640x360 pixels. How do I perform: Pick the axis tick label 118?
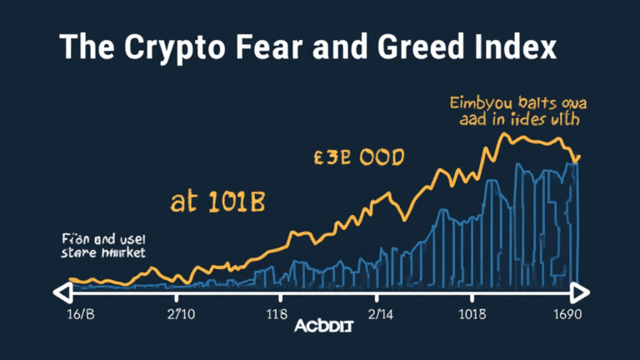coord(280,316)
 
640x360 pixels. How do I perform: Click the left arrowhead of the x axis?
coord(60,292)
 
